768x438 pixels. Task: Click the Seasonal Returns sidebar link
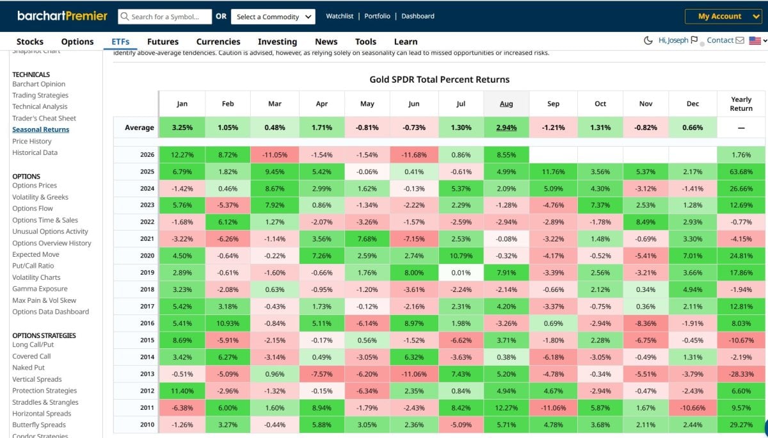[x=41, y=129]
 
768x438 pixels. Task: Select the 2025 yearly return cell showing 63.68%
[x=741, y=172]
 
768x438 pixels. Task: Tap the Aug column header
[x=506, y=104]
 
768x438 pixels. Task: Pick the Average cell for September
[x=553, y=127]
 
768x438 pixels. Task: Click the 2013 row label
[x=147, y=374]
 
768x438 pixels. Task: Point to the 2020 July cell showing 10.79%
[x=461, y=256]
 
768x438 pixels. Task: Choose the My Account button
[x=723, y=16]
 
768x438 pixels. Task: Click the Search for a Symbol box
[x=164, y=17]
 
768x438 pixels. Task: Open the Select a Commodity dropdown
[x=273, y=17]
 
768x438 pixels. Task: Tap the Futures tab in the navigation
[x=163, y=42]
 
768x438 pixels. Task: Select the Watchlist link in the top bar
[x=339, y=16]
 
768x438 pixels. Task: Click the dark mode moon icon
[x=648, y=40]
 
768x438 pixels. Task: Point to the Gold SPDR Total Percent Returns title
[x=439, y=79]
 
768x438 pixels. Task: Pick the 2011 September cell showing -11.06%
[x=553, y=408]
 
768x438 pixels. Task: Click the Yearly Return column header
[x=741, y=104]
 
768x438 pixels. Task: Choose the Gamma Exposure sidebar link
[x=40, y=289]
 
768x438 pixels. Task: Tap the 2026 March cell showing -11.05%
[x=275, y=155]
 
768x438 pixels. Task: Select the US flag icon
[x=755, y=40]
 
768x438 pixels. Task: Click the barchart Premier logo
[x=63, y=16]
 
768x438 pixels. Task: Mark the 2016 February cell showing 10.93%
[x=228, y=323]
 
